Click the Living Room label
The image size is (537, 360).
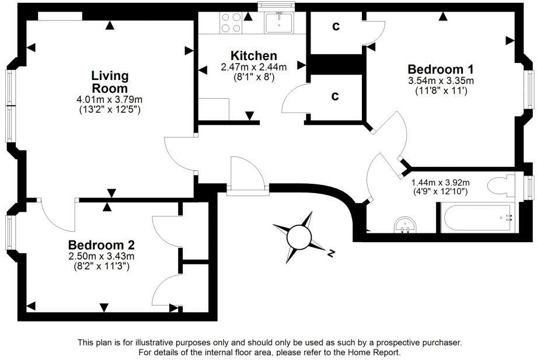point(110,82)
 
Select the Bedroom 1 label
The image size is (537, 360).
point(440,68)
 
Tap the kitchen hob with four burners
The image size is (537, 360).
point(231,23)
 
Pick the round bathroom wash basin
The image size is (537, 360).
point(407,224)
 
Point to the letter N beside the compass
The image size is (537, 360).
point(330,253)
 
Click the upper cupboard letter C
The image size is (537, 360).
point(336,26)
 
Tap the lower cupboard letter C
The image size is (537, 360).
point(335,96)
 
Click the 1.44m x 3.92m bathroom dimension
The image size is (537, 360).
point(440,183)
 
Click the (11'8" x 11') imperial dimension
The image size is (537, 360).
point(440,91)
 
